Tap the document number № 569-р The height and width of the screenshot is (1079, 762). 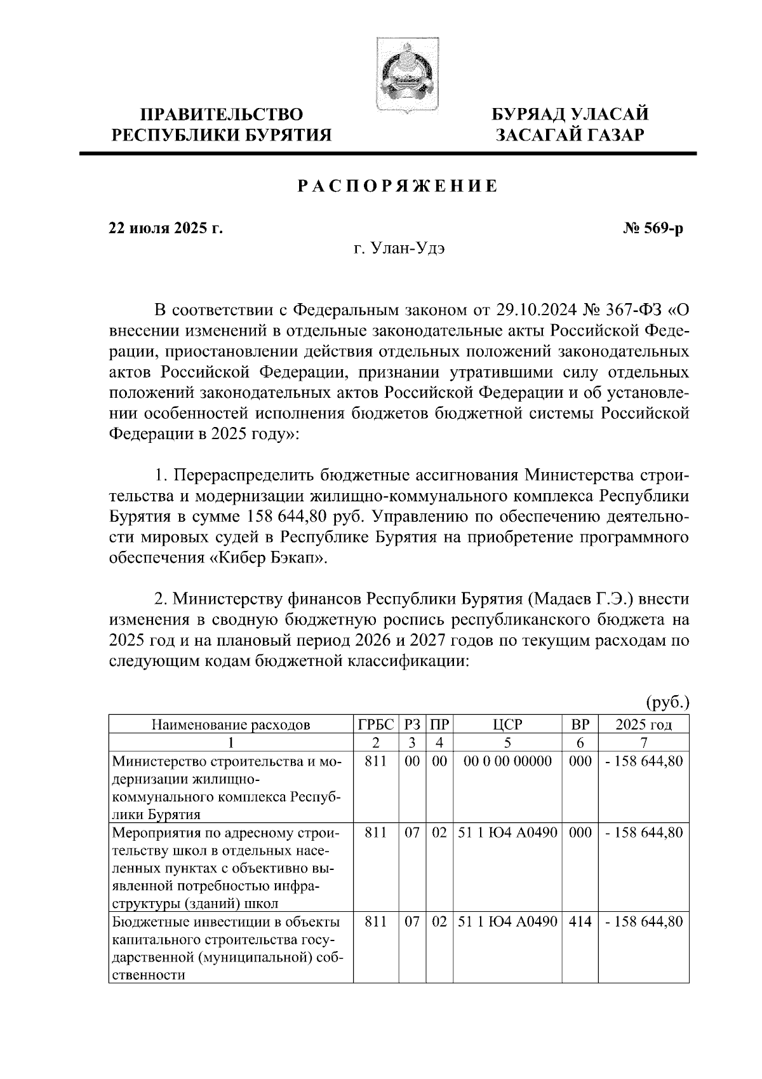click(654, 228)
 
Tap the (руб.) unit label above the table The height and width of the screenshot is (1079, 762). click(667, 703)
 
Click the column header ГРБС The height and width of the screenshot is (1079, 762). click(376, 724)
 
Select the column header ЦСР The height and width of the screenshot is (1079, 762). click(507, 724)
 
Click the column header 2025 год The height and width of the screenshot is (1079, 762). click(644, 724)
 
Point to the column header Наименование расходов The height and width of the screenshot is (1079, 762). click(231, 724)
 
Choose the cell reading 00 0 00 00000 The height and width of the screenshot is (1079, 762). click(507, 761)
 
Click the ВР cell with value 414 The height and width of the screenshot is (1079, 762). click(580, 921)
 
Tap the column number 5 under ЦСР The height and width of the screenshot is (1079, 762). click(507, 742)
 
